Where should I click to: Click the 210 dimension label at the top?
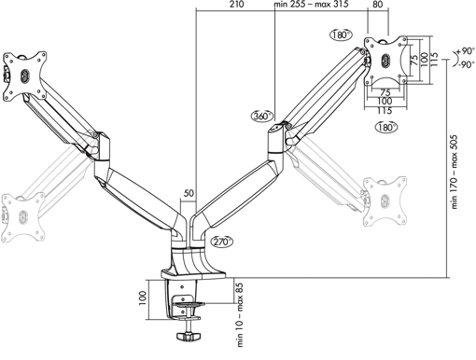pos(237,4)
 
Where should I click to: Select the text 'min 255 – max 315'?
pos(311,4)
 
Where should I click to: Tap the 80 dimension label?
pos(377,4)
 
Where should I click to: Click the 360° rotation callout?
pos(262,116)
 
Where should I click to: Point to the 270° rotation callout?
pos(222,242)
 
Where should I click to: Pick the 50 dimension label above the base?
pos(189,193)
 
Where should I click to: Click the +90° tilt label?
pos(466,50)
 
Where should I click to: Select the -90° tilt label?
pos(467,64)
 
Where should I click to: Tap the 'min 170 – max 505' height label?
pos(454,172)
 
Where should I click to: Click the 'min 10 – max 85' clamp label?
pos(240,314)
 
